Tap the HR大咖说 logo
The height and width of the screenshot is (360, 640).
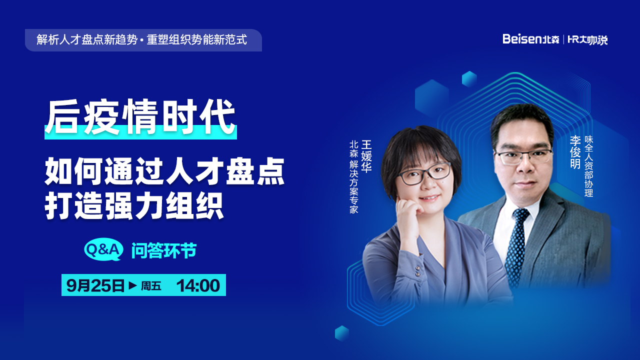[x=587, y=39]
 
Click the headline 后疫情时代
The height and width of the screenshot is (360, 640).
[x=140, y=116]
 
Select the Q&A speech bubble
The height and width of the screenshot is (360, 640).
[x=103, y=249]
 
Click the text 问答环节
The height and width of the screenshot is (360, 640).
[x=164, y=250]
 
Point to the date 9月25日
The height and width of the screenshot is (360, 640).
[x=95, y=285]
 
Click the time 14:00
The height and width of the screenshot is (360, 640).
[x=198, y=285]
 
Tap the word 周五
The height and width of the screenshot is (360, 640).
[x=151, y=285]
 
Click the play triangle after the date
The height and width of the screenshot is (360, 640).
[x=132, y=285]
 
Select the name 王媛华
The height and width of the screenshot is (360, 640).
[x=366, y=156]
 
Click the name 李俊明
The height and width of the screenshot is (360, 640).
[x=575, y=152]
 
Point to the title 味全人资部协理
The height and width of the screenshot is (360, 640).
[x=589, y=166]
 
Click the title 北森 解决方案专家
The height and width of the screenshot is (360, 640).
[x=353, y=177]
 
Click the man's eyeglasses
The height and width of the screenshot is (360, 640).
[x=523, y=156]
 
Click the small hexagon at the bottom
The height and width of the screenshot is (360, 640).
[x=341, y=333]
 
